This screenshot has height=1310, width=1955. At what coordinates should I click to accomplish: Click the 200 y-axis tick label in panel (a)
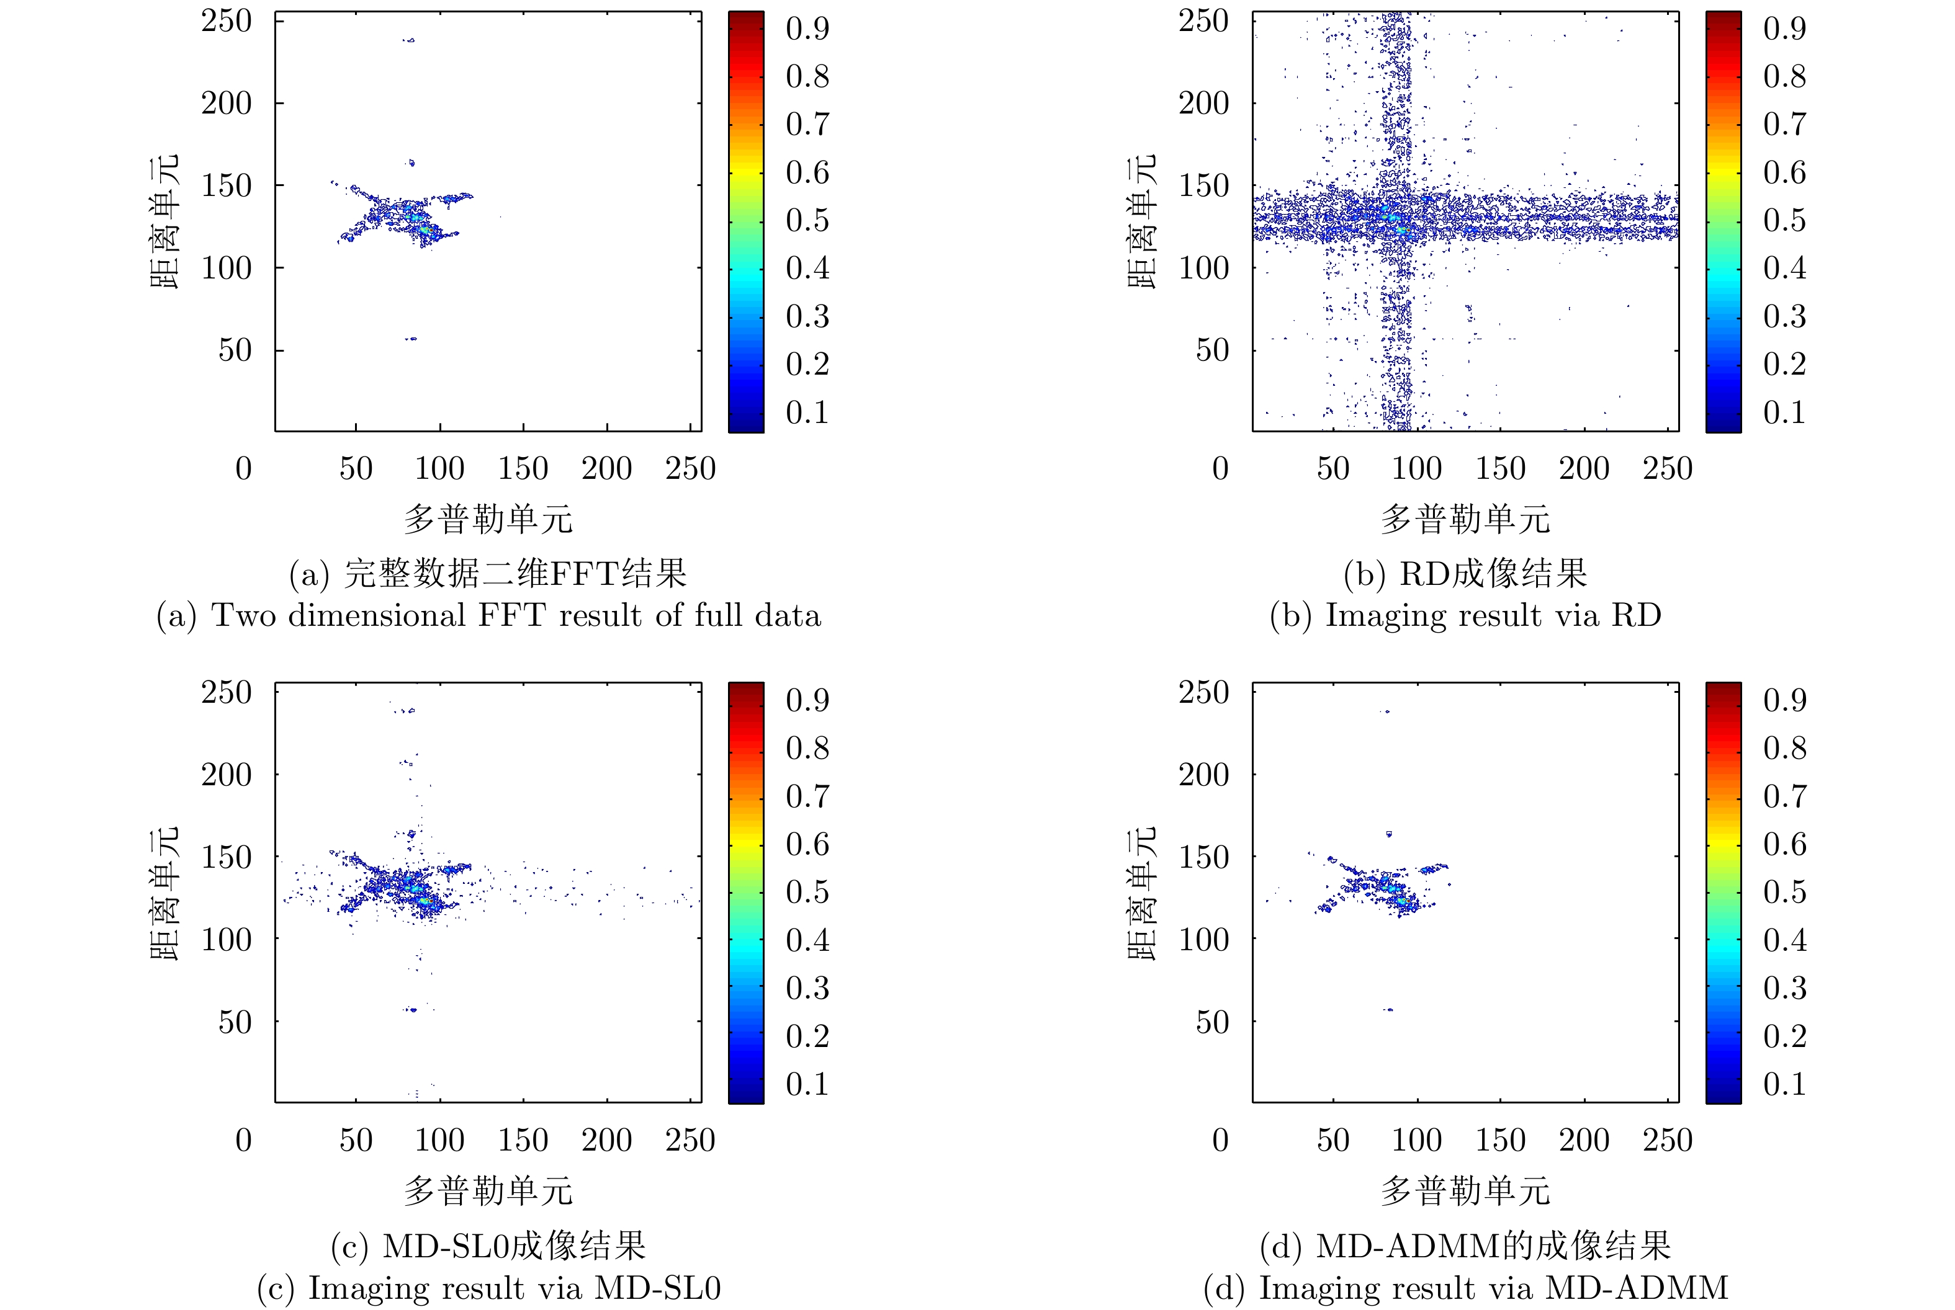[x=226, y=104]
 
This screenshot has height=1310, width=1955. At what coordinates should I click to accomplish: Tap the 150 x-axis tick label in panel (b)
[x=1500, y=469]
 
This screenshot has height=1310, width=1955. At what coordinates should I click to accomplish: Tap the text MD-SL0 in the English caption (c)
[x=657, y=1288]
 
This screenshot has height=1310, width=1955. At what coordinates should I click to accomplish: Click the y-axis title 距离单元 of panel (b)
[x=1142, y=221]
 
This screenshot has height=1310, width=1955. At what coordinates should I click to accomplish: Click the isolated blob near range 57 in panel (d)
[x=1388, y=1009]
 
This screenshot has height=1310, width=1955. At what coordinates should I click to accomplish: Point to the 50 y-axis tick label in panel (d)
[x=1212, y=1022]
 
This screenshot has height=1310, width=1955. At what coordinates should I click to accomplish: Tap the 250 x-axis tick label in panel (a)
[x=690, y=469]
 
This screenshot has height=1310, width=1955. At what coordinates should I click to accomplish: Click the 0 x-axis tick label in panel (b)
[x=1220, y=469]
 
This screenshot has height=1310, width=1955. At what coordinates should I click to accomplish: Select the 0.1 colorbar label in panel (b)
[x=1784, y=412]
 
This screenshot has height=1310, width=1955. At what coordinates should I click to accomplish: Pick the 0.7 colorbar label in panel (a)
[x=807, y=125]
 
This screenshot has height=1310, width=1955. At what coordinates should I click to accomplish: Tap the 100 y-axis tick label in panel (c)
[x=226, y=940]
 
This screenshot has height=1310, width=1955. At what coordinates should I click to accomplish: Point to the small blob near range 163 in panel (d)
[x=1389, y=834]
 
